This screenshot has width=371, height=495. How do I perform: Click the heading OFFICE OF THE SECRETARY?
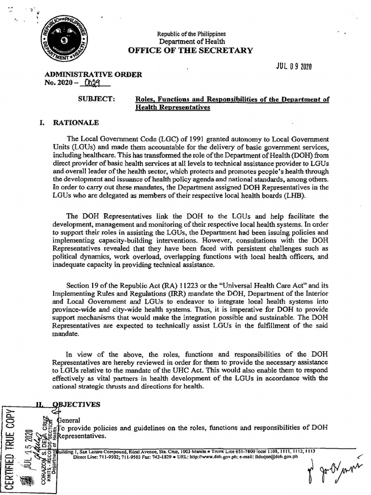point(190,50)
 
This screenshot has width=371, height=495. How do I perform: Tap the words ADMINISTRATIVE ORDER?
point(93,74)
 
